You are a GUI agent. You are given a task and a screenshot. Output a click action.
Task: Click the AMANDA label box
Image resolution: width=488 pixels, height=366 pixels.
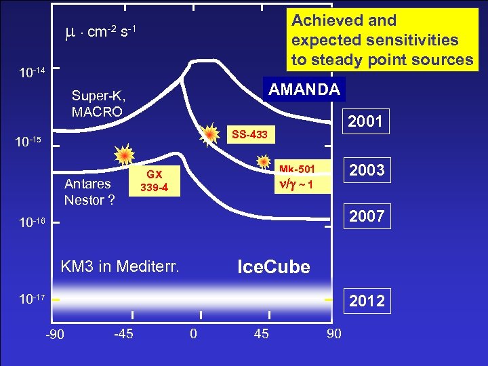point(304,89)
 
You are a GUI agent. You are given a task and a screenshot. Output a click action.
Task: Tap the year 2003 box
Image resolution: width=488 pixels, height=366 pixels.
point(366,170)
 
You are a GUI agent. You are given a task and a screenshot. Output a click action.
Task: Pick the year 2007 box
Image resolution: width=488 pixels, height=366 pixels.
point(366,216)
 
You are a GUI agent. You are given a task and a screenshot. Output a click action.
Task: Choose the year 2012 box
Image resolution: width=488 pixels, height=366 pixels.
point(366,301)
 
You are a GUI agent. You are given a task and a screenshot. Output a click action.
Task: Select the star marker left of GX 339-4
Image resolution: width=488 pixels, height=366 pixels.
point(124,156)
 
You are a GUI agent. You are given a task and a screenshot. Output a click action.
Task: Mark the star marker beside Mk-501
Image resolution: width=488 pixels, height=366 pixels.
point(264,160)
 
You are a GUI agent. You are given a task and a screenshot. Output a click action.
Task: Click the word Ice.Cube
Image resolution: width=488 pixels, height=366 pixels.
point(273,267)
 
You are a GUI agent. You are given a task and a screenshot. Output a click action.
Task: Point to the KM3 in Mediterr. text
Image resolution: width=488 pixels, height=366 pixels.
point(120,266)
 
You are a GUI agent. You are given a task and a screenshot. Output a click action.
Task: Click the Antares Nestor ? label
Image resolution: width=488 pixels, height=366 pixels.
point(89,192)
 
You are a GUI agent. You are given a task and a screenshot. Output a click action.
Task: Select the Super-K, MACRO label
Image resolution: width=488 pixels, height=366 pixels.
point(98,103)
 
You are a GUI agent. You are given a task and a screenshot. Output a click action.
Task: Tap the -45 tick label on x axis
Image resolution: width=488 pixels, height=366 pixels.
point(123,333)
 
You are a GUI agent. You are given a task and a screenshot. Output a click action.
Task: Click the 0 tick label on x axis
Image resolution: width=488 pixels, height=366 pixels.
point(193,333)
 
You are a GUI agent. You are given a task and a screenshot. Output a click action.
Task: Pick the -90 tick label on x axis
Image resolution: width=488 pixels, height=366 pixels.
point(54,334)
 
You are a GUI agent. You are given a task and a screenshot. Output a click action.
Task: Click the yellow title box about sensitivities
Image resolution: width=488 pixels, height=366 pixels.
point(382,40)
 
